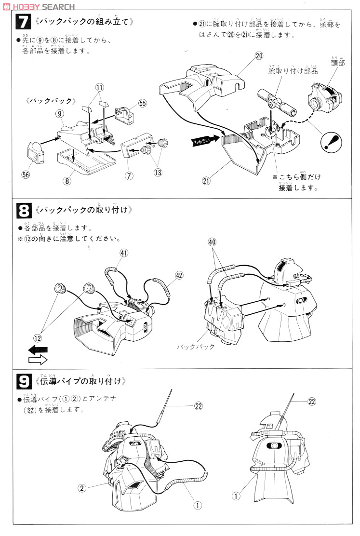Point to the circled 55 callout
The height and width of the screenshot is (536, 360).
(142, 103)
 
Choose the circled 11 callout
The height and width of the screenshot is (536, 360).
(99, 87)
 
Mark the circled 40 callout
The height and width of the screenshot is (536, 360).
(213, 241)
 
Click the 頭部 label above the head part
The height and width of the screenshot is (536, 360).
(337, 63)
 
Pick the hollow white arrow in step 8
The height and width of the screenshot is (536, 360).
(38, 360)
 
